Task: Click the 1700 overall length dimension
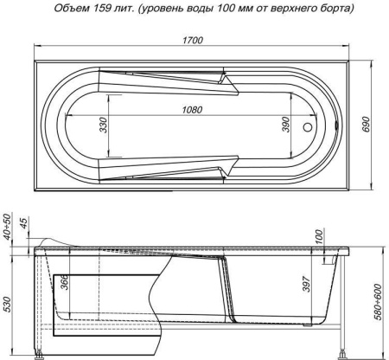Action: click(193, 39)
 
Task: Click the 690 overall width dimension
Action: click(373, 124)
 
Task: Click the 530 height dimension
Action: click(8, 305)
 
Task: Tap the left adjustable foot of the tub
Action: click(41, 354)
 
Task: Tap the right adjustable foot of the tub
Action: click(346, 354)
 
